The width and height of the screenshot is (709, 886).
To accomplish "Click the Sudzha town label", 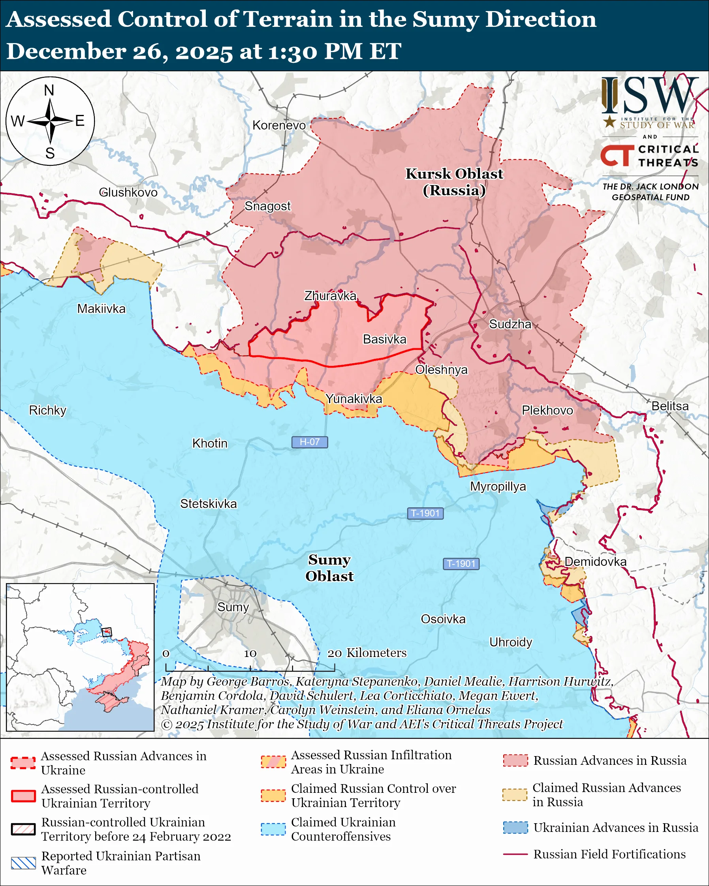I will [x=510, y=324].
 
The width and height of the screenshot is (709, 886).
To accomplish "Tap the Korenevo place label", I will [x=279, y=125].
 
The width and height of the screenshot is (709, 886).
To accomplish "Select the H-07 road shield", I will [x=310, y=442].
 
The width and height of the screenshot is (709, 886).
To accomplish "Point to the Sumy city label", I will [x=233, y=607].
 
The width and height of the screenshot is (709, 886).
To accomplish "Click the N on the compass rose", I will [x=49, y=90].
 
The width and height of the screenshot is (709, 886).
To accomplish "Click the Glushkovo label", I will [x=128, y=192].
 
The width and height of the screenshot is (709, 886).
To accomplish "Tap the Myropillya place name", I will [x=498, y=486].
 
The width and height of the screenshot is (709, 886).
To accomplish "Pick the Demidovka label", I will [x=595, y=562].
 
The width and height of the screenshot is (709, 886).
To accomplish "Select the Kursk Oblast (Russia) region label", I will [x=454, y=182].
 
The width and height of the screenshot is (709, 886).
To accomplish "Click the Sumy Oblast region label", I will [x=329, y=568].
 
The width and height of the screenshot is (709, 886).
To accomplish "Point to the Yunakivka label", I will [x=354, y=399].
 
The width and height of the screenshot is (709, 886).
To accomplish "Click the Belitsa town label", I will [x=670, y=406].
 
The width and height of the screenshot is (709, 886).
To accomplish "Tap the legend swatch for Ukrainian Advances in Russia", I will [x=515, y=828].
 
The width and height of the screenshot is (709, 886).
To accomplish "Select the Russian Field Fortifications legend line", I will [x=515, y=854].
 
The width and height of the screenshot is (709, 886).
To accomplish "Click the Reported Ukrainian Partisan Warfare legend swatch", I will [x=23, y=863].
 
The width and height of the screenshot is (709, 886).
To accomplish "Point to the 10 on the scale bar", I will [x=250, y=653].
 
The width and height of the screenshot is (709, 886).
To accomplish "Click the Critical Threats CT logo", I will [x=617, y=156].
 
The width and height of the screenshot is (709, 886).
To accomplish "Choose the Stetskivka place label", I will [x=209, y=504].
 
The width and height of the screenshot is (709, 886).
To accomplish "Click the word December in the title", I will [x=66, y=52].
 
